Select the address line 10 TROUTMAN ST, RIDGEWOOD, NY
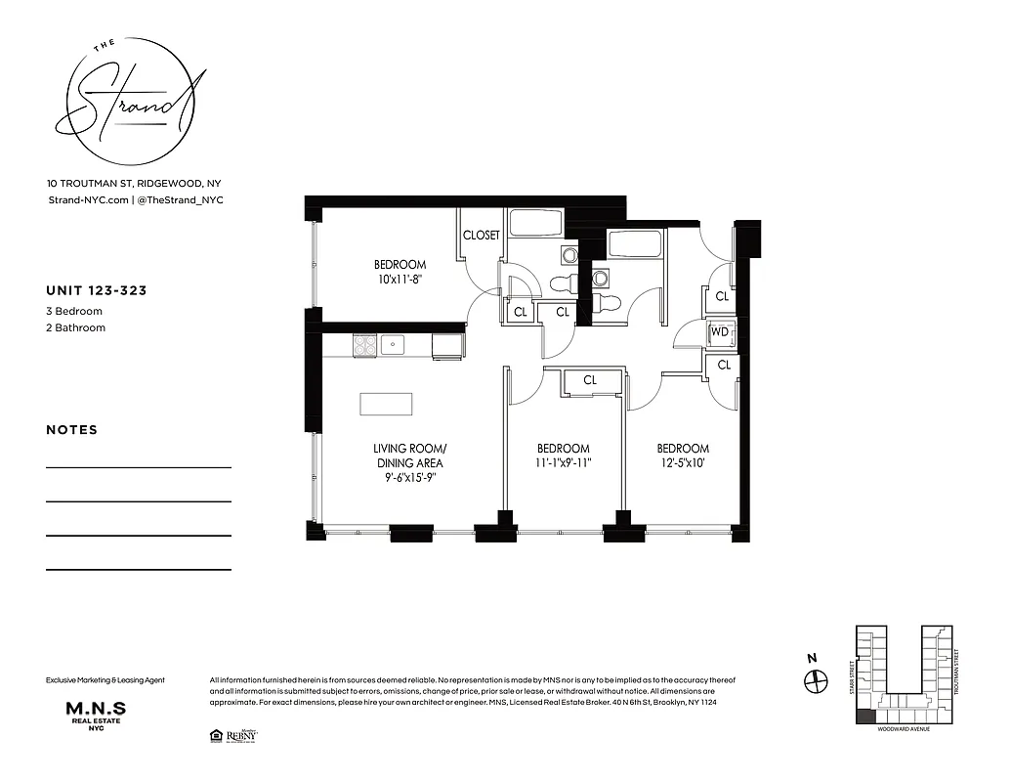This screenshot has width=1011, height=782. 140,183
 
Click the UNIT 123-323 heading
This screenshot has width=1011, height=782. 97,290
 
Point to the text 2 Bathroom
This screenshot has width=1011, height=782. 75,327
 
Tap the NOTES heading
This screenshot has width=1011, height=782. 72,430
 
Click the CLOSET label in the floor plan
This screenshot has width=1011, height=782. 481,236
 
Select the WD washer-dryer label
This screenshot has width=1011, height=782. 720,332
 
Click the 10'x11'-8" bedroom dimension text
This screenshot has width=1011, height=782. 400,280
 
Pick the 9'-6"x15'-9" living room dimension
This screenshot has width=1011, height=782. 409,478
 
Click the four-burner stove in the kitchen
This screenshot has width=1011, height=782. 364,344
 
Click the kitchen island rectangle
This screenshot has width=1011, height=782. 386,404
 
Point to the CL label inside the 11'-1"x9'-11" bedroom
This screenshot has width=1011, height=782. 590,380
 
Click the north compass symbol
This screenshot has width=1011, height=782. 815,681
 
